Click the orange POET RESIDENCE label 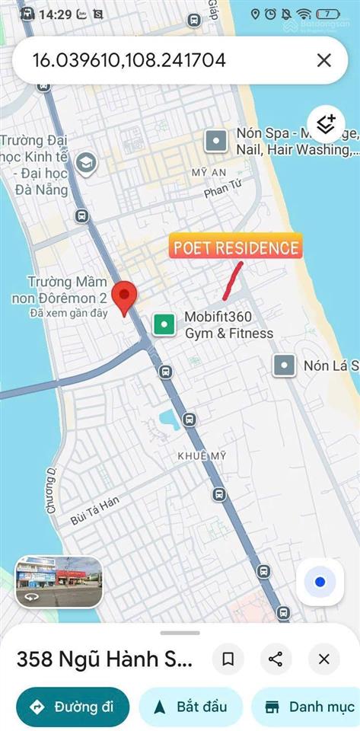coord(235,247)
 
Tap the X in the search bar coord(324,60)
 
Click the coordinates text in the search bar coord(129,60)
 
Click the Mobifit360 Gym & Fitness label coord(228,325)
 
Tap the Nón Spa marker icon coord(217,141)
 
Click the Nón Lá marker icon coord(285,365)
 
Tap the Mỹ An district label coord(209,172)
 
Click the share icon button coord(276,659)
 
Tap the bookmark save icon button coord(228,659)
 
